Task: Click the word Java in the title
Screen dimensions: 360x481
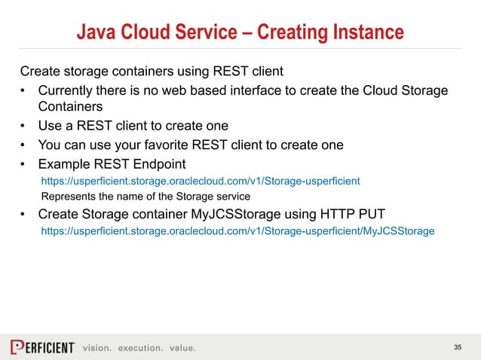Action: click(x=96, y=32)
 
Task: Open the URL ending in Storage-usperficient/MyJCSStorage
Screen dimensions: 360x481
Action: click(x=237, y=230)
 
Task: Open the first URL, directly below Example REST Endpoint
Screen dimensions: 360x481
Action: click(x=200, y=181)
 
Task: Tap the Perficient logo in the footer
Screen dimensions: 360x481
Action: click(x=42, y=347)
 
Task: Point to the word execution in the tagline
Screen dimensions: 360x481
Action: click(x=138, y=348)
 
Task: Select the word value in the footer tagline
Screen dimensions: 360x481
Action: click(x=182, y=348)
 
